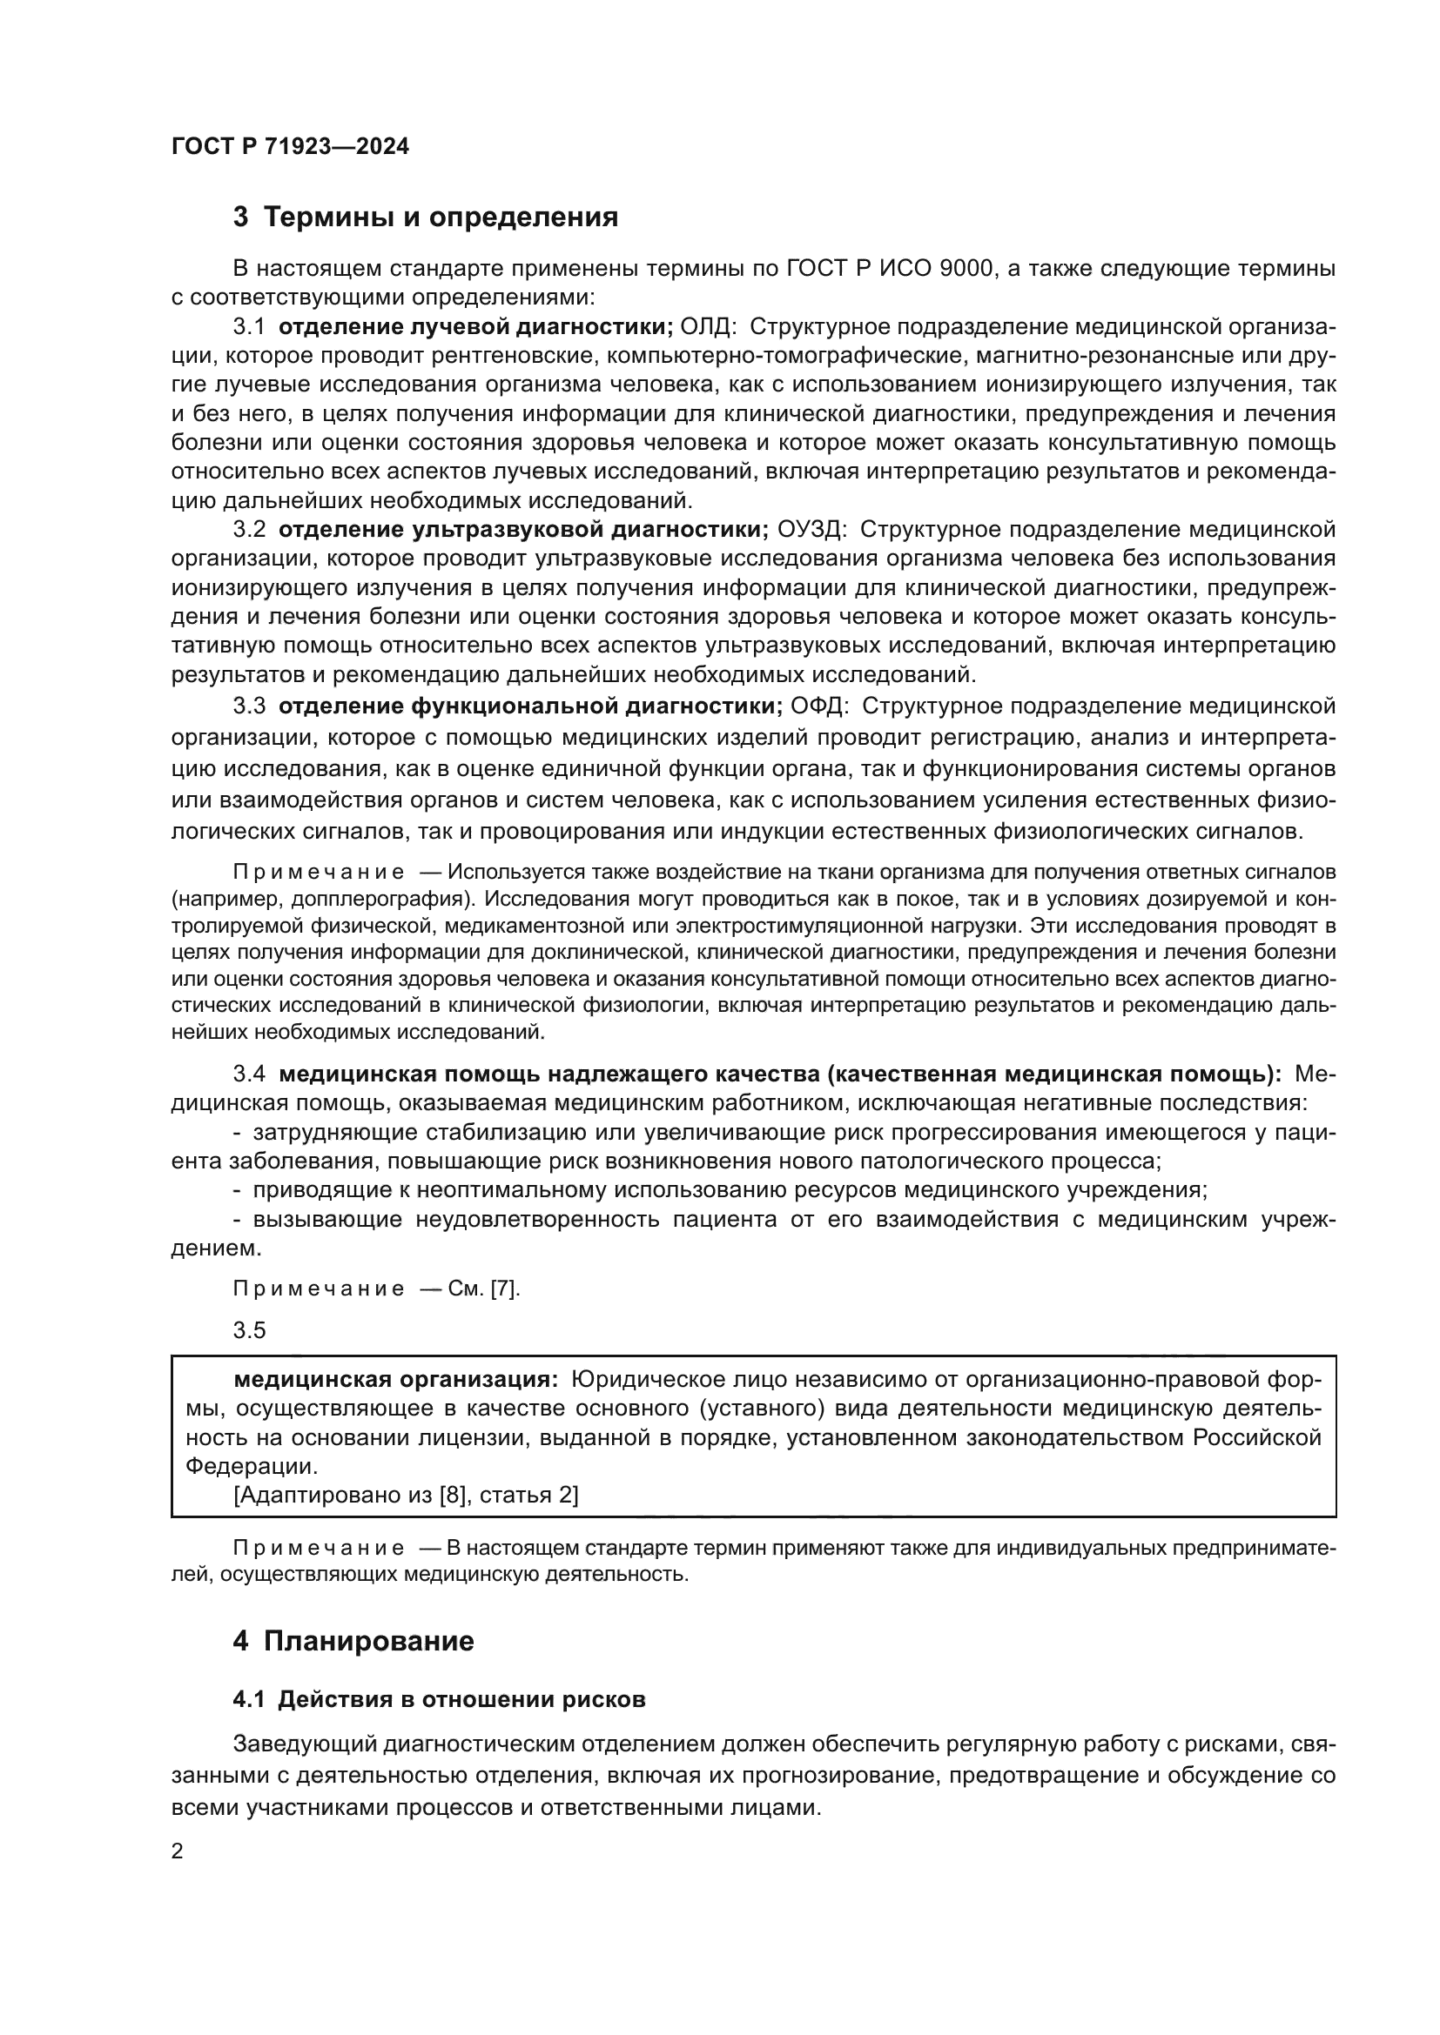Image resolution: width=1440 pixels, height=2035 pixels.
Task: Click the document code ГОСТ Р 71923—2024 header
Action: (x=290, y=147)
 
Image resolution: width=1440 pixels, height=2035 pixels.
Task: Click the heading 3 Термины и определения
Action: (x=426, y=218)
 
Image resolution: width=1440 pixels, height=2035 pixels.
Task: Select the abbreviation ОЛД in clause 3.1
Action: (x=707, y=327)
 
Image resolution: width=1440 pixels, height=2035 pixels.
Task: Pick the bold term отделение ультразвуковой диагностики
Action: (x=523, y=530)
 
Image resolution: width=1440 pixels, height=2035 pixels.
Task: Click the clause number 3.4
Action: (x=249, y=1074)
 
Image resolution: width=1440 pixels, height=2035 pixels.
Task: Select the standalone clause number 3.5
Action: (x=249, y=1330)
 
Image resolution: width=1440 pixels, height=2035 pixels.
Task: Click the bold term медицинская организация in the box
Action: (x=395, y=1380)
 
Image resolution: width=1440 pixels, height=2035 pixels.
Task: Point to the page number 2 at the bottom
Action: (x=178, y=1851)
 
